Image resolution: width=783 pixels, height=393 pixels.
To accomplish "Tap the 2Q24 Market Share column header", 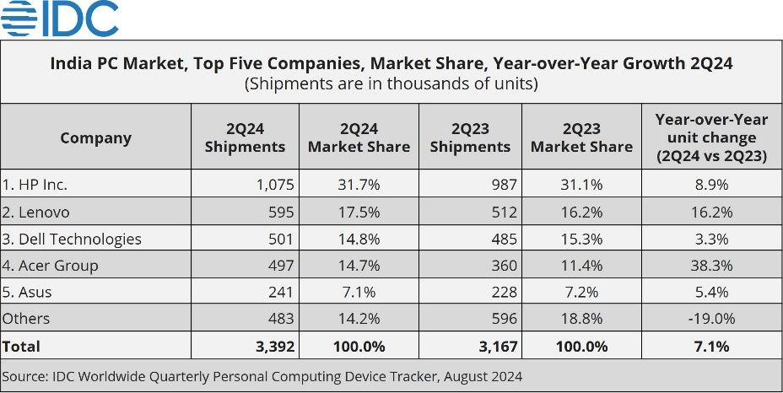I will [359, 137].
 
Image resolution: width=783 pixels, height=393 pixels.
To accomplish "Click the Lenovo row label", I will [35, 213].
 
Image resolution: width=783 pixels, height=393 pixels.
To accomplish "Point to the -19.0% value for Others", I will [710, 318].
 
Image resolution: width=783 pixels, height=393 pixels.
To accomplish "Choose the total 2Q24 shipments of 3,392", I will [269, 346].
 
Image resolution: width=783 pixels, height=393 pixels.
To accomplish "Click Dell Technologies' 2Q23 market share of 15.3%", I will [581, 239].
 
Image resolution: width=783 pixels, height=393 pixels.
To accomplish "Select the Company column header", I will [95, 137].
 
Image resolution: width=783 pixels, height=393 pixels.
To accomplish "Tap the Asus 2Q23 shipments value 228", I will [503, 292].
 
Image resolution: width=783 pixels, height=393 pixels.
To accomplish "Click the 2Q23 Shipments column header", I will [469, 137].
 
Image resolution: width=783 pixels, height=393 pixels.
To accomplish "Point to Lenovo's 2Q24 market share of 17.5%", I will [359, 213].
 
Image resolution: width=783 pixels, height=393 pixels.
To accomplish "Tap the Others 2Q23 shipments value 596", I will [503, 318].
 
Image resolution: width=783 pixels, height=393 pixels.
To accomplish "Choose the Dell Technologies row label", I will [72, 239].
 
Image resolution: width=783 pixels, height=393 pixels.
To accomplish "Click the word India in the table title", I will [71, 63].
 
